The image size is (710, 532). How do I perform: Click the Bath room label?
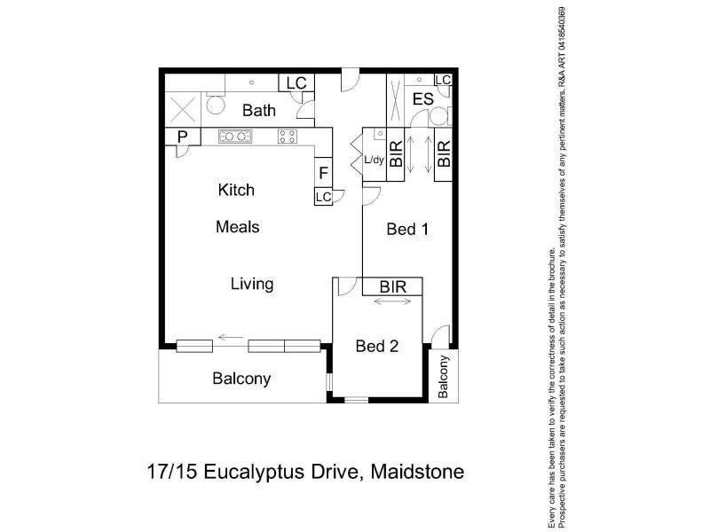tap(259, 111)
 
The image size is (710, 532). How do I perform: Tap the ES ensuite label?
tap(422, 98)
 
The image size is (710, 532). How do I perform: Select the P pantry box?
tap(183, 137)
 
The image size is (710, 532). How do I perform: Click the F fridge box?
tap(324, 172)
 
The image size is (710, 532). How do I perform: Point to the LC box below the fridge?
tap(323, 196)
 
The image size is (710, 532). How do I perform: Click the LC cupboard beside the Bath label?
tap(296, 83)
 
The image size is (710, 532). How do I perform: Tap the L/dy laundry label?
tap(375, 160)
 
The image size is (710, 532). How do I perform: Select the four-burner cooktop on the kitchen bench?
tap(288, 137)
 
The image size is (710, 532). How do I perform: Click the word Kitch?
tap(236, 190)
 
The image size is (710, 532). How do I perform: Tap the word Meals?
tap(238, 227)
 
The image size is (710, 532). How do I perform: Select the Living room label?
tap(252, 285)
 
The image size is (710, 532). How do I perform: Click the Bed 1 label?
tap(407, 230)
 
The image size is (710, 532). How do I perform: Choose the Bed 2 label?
tap(376, 347)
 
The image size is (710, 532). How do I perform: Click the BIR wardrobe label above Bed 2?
tap(392, 287)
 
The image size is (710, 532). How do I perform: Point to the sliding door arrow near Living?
tap(232, 337)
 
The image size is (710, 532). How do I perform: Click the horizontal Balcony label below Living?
tap(241, 379)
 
